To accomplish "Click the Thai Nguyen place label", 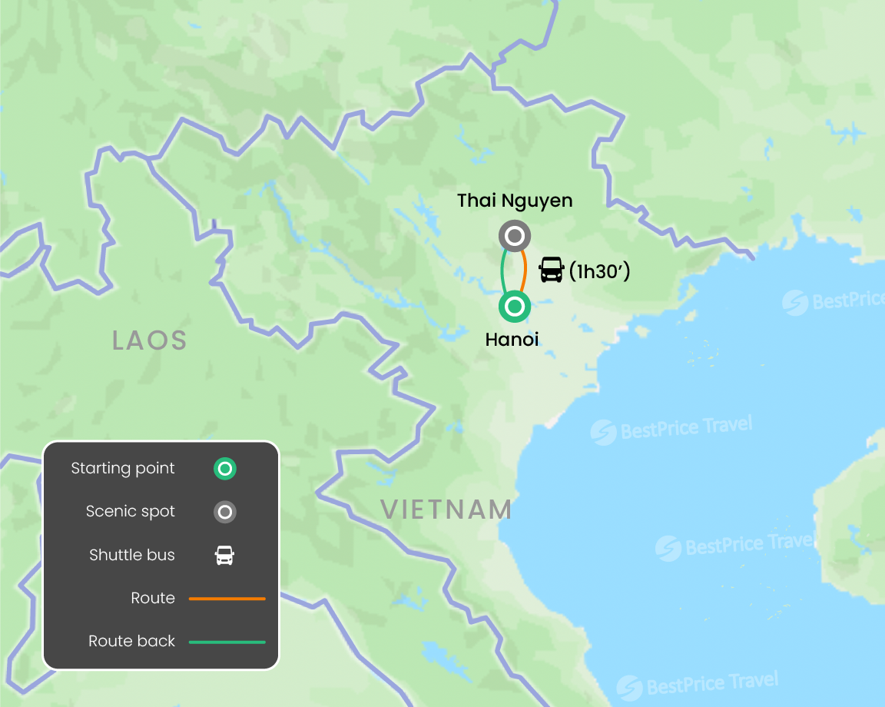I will (x=515, y=201).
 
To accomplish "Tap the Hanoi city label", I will (x=512, y=339).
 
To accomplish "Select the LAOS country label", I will (x=150, y=340).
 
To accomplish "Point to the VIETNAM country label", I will (x=446, y=510).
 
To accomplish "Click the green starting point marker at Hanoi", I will (x=515, y=307).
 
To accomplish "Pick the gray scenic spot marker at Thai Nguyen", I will (x=514, y=235).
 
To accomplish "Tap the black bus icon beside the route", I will (x=552, y=270).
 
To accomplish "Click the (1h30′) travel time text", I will (x=600, y=271).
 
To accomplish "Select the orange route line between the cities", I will (x=524, y=271).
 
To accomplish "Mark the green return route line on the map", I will (x=503, y=271).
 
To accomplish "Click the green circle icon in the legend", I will (x=224, y=469).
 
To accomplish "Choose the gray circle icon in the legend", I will (x=224, y=512).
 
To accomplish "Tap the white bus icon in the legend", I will (x=224, y=555).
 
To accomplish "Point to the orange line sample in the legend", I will (x=227, y=598).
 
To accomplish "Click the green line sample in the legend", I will (x=227, y=642).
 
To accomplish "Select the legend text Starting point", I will (x=123, y=469).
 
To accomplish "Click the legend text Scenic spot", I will (x=131, y=512).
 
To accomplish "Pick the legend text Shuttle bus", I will (x=132, y=555).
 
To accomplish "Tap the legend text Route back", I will (x=132, y=642).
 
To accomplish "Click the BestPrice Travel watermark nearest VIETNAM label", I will (x=672, y=429).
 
